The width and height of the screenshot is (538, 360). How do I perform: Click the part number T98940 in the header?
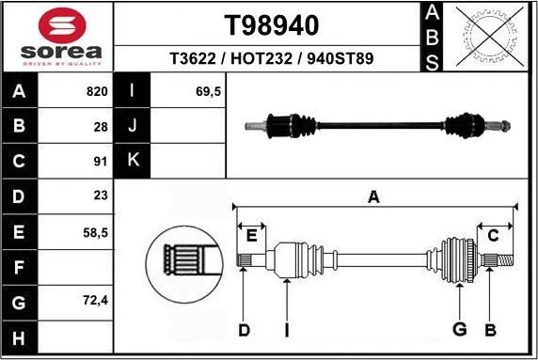tap(271, 23)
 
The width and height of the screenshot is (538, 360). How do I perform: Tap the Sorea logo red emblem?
tap(58, 23)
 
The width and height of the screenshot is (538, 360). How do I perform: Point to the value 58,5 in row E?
tap(96, 231)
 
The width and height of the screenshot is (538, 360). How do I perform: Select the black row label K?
tap(133, 161)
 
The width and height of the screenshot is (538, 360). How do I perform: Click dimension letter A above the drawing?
tap(373, 196)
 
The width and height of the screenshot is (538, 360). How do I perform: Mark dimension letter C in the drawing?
tap(493, 235)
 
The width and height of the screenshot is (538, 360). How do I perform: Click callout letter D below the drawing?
tap(244, 329)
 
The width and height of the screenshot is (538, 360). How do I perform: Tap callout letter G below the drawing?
tap(459, 329)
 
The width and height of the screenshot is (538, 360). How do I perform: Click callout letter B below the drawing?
tap(490, 329)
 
